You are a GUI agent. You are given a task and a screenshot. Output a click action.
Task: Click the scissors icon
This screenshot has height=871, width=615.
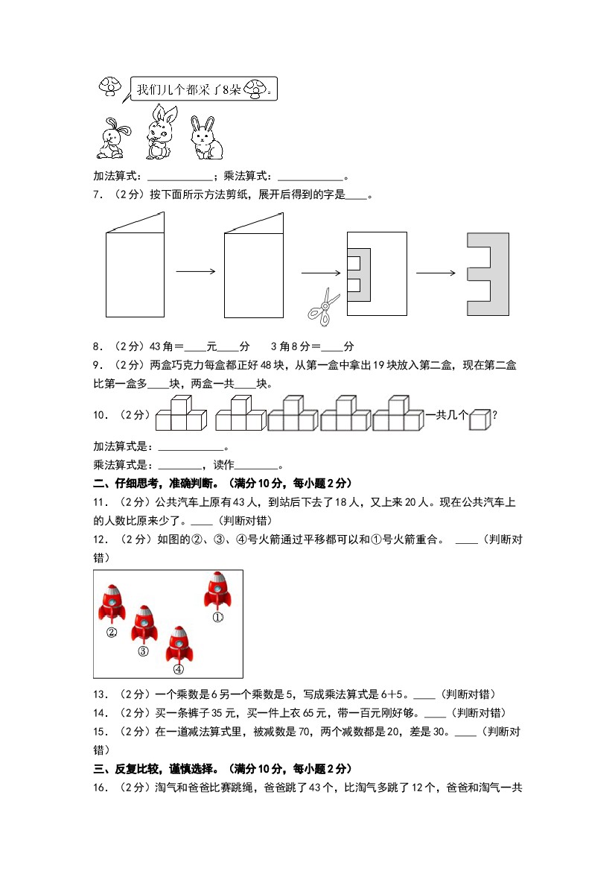pos(324,306)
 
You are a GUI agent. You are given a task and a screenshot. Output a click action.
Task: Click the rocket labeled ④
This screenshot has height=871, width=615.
pos(179,644)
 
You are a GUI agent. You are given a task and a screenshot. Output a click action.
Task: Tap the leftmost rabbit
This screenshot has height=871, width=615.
pos(113,139)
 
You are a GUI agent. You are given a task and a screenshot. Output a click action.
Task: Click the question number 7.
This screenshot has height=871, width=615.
pos(97,196)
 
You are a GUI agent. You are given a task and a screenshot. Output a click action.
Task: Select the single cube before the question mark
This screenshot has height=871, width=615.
pos(480,419)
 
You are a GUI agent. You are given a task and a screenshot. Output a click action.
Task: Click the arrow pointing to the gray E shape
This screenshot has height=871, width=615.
pos(436,273)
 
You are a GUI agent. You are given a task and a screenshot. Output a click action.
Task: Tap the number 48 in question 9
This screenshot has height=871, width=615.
pos(248,365)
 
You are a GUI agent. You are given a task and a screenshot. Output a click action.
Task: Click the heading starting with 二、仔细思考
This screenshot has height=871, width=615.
pos(222,483)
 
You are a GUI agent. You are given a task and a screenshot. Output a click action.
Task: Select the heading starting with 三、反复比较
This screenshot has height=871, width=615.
pos(222,768)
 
